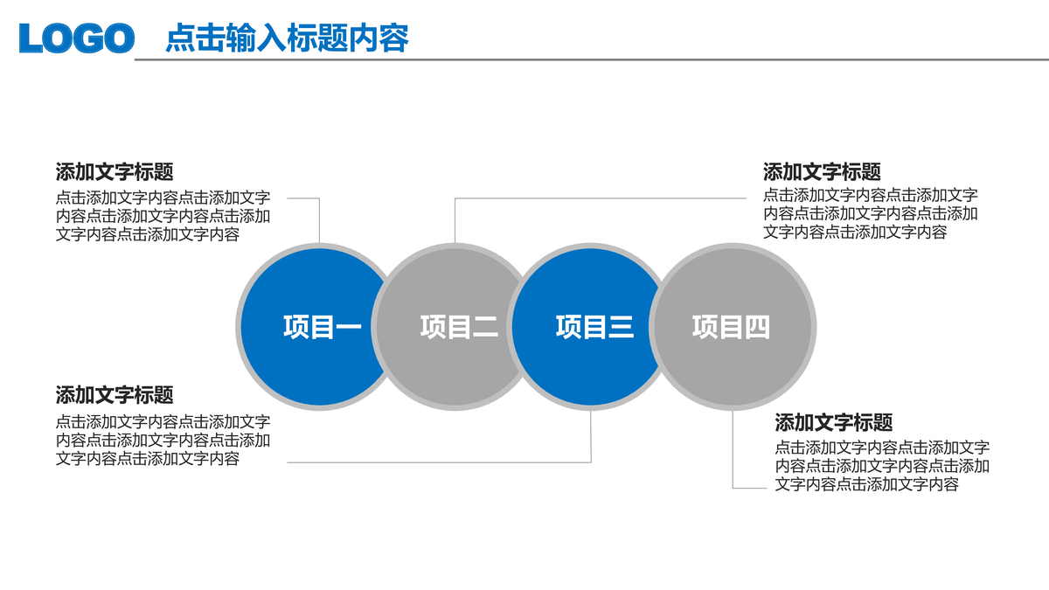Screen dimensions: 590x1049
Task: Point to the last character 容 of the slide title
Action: click(x=394, y=38)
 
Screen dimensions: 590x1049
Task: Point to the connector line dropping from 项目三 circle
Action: click(x=591, y=437)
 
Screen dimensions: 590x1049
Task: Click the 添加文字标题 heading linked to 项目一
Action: click(x=115, y=172)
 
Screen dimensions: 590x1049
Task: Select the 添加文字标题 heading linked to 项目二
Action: click(x=822, y=172)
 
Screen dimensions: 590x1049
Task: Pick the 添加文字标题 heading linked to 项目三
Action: click(x=115, y=395)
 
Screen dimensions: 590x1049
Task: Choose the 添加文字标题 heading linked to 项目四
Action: click(x=834, y=424)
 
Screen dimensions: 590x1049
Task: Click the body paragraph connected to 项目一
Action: click(x=163, y=216)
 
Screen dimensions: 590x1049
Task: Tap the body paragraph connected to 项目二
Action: click(x=870, y=214)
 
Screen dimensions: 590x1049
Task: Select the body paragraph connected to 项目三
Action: click(x=163, y=440)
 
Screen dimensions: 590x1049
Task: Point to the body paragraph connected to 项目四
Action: click(x=881, y=466)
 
